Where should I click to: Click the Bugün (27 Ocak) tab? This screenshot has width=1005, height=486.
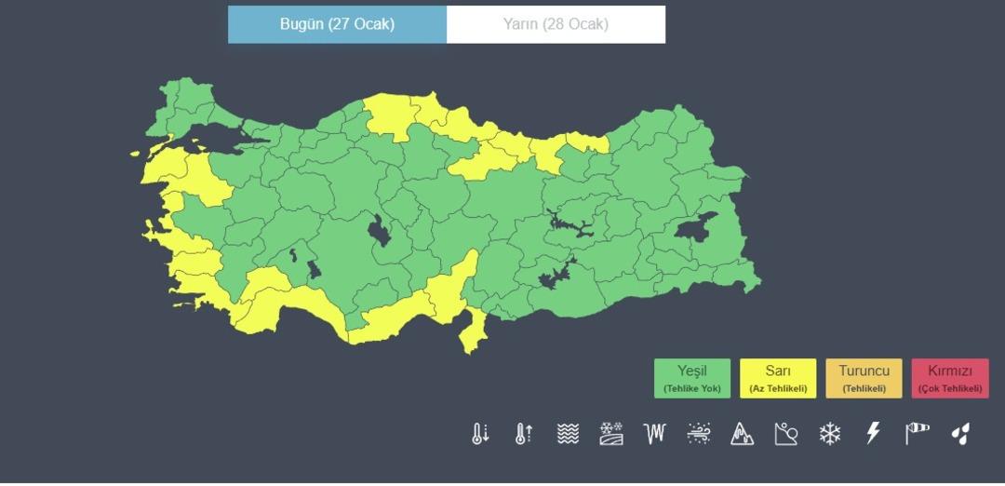(x=337, y=24)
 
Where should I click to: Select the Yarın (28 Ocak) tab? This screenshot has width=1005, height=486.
(x=556, y=24)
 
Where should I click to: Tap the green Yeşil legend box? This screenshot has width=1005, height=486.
(x=691, y=378)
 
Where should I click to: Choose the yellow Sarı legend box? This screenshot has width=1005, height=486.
(x=778, y=378)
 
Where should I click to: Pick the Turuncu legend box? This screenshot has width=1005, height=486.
(x=864, y=378)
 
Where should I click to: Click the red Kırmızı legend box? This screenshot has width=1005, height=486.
(x=949, y=378)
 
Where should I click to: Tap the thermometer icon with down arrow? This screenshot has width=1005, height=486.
(x=480, y=433)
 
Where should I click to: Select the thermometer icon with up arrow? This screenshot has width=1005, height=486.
(x=524, y=433)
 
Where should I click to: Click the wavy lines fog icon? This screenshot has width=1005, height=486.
(x=568, y=433)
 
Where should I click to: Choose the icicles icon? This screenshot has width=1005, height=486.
(x=655, y=433)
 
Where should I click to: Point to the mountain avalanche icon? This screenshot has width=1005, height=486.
(x=742, y=433)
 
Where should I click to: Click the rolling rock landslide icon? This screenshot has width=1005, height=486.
(x=786, y=433)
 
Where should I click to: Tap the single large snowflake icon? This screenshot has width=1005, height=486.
(x=829, y=433)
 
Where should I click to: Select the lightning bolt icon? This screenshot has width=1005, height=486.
(x=873, y=433)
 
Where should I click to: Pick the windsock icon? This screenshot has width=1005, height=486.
(x=917, y=433)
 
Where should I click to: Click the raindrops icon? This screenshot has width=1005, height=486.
(x=960, y=433)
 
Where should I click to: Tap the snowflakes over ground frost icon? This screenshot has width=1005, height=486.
(x=611, y=433)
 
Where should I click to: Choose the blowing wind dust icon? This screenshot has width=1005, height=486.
(x=699, y=433)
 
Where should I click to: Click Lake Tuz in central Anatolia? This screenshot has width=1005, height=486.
(x=379, y=230)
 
